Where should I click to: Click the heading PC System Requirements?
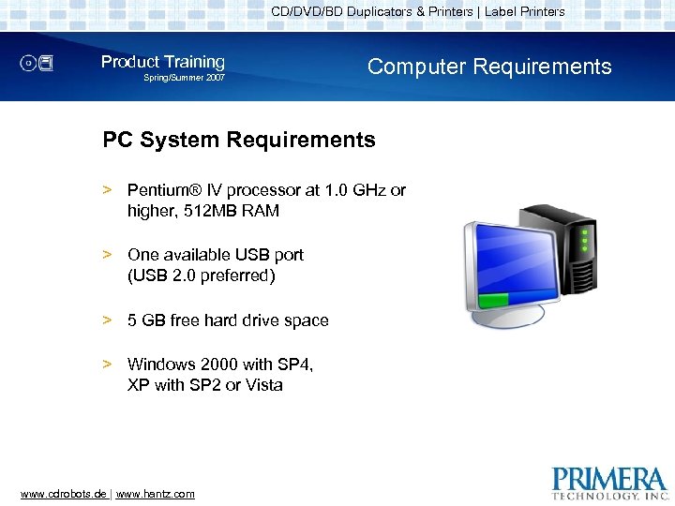[x=239, y=141]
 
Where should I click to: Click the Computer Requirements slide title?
[x=489, y=67]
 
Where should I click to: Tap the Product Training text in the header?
[x=163, y=62]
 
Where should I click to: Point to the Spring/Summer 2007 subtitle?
[x=184, y=78]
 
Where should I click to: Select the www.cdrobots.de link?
[x=63, y=494]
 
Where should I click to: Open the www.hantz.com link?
[x=155, y=494]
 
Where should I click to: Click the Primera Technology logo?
[x=610, y=482]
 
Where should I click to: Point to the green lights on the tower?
[x=586, y=240]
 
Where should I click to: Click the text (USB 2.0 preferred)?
[x=202, y=275]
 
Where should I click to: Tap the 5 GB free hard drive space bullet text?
[x=228, y=320]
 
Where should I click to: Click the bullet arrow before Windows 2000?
[x=108, y=364]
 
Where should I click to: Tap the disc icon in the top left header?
[x=37, y=64]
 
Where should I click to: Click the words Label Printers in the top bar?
[x=525, y=12]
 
